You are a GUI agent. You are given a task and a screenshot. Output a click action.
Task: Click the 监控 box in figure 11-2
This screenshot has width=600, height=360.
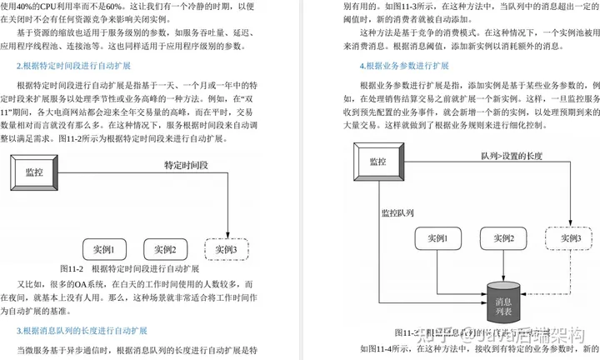coord(34,172)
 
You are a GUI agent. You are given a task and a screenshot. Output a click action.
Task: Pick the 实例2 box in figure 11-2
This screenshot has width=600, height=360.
coord(166,248)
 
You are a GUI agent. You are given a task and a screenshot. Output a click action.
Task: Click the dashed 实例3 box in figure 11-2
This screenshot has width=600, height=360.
coord(226,248)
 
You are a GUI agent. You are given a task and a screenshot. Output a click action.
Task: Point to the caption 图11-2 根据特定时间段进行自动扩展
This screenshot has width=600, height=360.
coord(129,269)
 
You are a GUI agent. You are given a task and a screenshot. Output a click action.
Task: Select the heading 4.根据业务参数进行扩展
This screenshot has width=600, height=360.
coord(404,65)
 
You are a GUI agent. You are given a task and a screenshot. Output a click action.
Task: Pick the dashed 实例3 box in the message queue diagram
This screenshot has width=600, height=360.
coord(570,238)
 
